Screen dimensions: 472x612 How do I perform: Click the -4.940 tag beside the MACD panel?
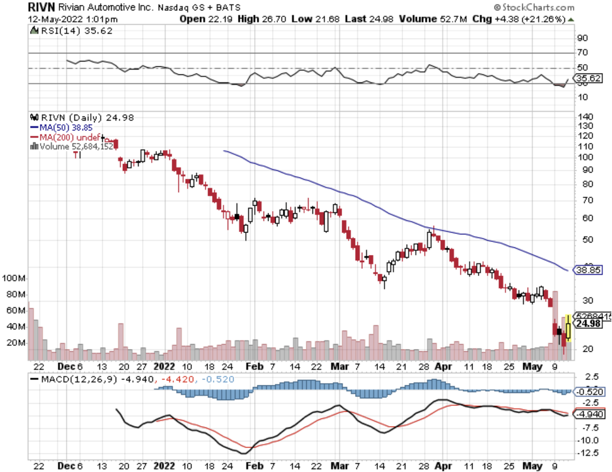588,414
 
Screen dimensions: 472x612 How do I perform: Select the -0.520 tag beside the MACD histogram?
588,392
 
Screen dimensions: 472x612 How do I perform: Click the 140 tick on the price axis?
585,116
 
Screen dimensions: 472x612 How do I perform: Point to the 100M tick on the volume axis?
13,278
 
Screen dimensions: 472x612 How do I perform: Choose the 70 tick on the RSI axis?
582,52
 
